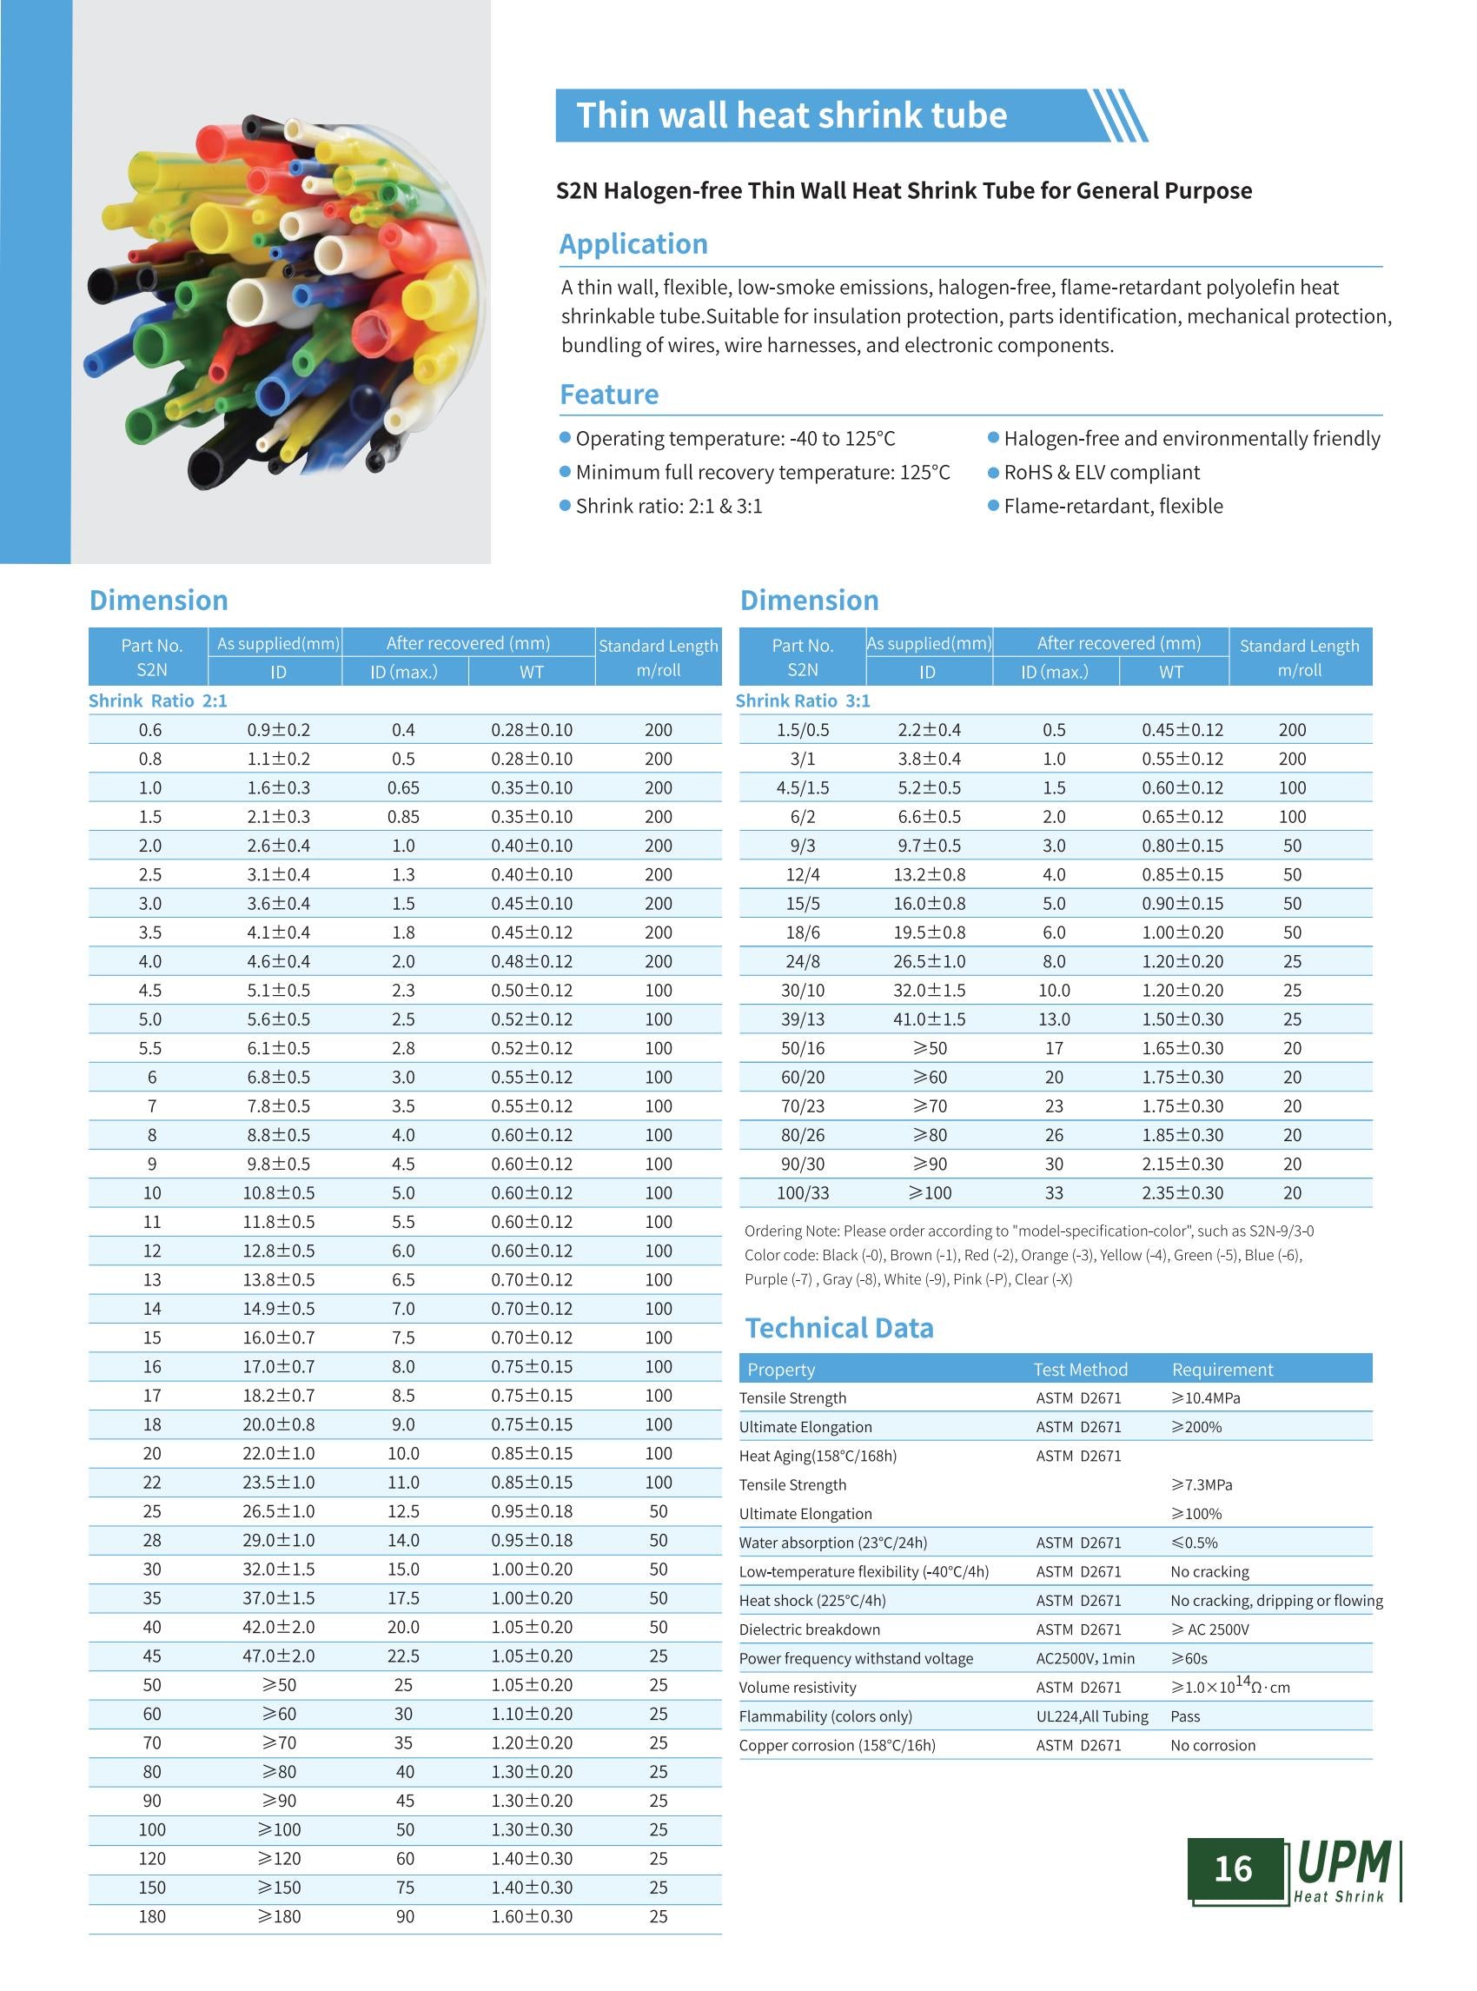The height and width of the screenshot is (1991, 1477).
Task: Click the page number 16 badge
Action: point(1233,1869)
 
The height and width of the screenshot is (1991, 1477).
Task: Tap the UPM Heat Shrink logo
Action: point(1345,1870)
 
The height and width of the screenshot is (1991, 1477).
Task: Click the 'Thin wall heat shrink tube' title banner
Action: point(791,116)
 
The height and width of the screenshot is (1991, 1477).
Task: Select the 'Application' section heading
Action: point(633,244)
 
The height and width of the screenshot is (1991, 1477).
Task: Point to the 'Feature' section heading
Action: point(609,395)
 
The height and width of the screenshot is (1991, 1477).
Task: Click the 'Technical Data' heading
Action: point(839,1328)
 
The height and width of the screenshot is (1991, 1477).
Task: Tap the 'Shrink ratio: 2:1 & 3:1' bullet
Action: point(668,507)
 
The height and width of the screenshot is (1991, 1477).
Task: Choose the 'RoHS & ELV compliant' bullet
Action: point(1101,472)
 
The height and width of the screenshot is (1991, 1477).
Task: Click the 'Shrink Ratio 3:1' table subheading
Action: point(803,700)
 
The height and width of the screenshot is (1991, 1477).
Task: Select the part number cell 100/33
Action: point(803,1192)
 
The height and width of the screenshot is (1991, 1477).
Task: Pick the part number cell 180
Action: point(152,1916)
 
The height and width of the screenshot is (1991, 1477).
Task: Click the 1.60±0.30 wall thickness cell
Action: point(532,1916)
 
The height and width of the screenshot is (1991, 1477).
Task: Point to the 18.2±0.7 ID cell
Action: point(279,1396)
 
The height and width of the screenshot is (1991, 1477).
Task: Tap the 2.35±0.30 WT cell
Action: point(1182,1192)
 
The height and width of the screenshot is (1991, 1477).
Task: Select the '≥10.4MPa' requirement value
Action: point(1205,1398)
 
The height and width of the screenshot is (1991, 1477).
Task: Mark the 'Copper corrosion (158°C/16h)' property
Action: point(837,1745)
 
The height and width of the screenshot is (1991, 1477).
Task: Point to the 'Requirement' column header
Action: point(1222,1370)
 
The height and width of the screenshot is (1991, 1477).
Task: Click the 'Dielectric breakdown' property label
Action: point(809,1629)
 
